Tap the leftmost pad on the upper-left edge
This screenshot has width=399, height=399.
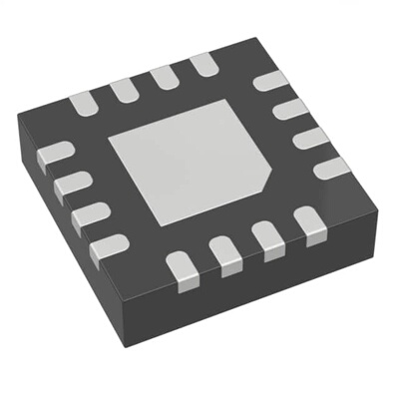pyautogui.click(x=81, y=101)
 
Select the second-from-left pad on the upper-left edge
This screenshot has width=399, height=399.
pyautogui.click(x=124, y=89)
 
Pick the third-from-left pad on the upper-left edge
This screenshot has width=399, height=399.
pyautogui.click(x=165, y=78)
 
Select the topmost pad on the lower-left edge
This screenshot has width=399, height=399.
pyautogui.click(x=54, y=155)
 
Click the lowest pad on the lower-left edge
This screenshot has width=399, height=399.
pyautogui.click(x=108, y=246)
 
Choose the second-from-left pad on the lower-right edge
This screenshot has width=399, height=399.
pyautogui.click(x=226, y=255)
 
